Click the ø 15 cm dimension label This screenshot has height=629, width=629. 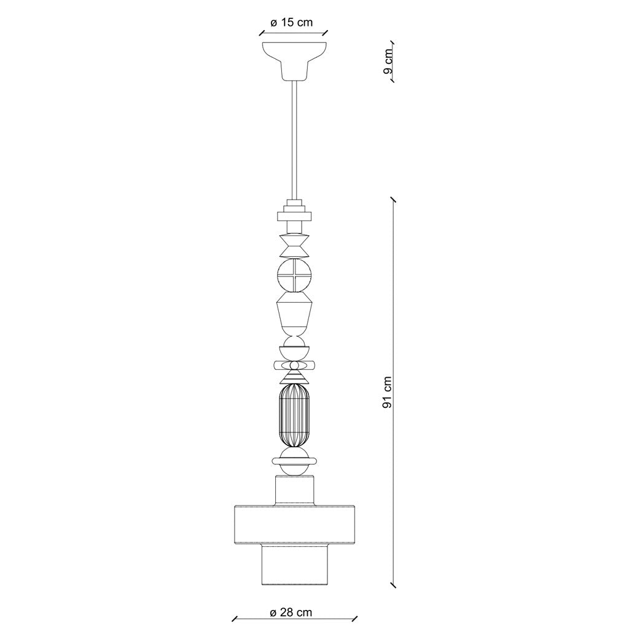point(292,23)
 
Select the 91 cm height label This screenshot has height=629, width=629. point(387,393)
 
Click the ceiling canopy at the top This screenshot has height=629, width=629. point(294,60)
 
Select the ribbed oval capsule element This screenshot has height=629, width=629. point(294,415)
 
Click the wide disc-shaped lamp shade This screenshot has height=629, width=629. point(294,525)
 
